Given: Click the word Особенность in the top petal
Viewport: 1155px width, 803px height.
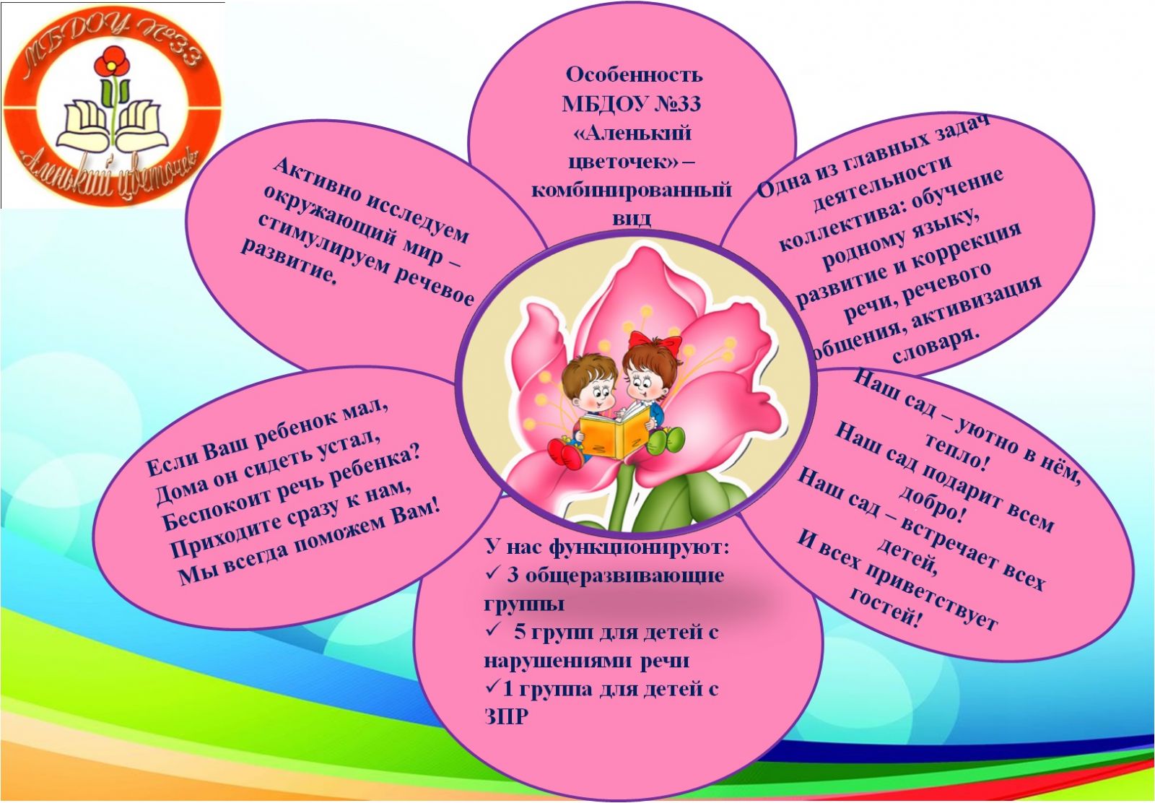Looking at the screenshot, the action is (x=634, y=75).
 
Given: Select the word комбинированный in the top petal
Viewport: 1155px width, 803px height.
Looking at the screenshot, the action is (x=632, y=191).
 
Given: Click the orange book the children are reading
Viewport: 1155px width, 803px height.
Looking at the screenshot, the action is (x=615, y=433).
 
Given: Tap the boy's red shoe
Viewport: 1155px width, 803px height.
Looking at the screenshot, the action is (x=566, y=453).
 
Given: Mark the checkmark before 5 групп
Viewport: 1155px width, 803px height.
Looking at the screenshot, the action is (x=492, y=630).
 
